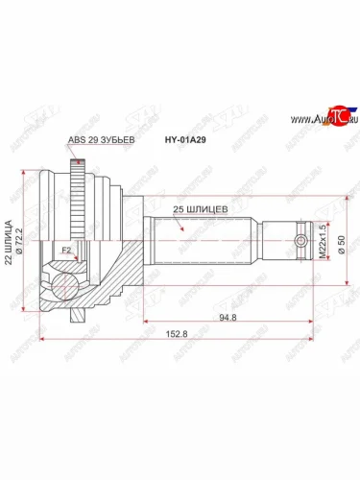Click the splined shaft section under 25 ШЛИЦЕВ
197,241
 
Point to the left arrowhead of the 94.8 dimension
146,319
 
